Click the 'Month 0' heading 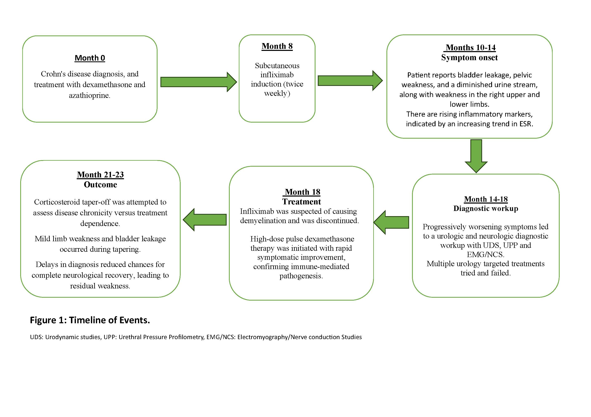[90, 58]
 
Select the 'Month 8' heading [277, 46]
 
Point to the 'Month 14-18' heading [486, 199]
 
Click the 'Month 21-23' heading [100, 175]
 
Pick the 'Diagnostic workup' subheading [486, 208]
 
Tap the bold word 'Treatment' [301, 202]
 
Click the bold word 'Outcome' [100, 185]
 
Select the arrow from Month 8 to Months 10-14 [350, 81]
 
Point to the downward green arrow [476, 156]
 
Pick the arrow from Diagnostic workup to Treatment [391, 223]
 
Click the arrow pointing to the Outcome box [205, 220]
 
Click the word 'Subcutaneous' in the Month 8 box [277, 66]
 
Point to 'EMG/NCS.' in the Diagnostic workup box [485, 255]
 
